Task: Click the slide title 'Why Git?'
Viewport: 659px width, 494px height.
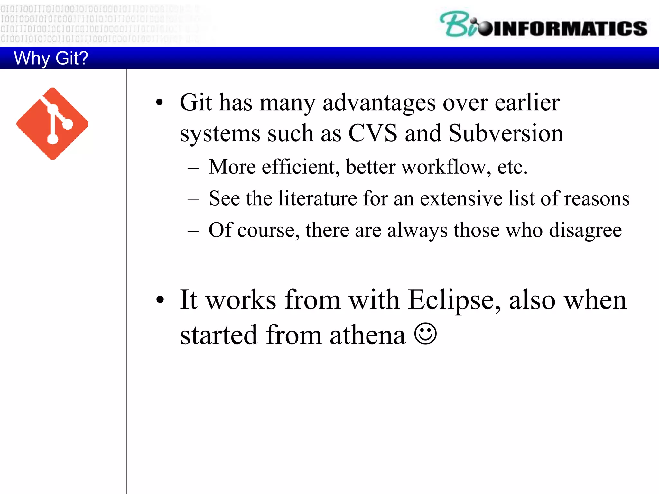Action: tap(51, 58)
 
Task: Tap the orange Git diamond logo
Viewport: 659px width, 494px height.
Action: tap(52, 123)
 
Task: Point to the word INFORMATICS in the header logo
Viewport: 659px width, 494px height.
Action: tap(570, 28)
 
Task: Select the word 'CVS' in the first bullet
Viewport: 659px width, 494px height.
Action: tap(373, 133)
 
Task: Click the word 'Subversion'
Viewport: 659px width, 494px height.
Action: tap(506, 133)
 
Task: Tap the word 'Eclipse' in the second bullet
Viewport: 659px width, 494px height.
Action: tap(454, 300)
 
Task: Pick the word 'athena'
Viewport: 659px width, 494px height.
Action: tap(367, 335)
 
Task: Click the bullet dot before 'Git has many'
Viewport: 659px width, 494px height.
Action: tap(160, 103)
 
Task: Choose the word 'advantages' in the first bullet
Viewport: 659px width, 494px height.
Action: tap(379, 103)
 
